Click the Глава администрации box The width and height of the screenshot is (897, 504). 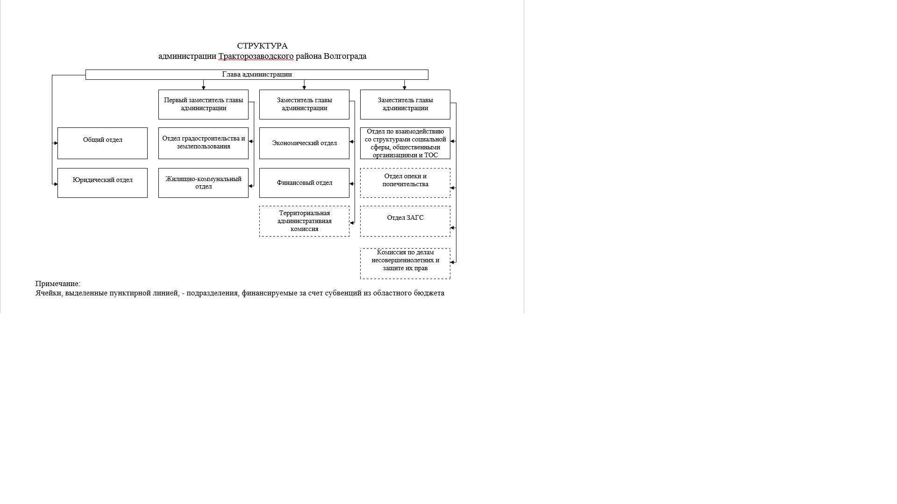pyautogui.click(x=257, y=75)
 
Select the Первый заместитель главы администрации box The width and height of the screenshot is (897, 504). pyautogui.click(x=203, y=105)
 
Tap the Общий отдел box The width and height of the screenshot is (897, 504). pyautogui.click(x=102, y=143)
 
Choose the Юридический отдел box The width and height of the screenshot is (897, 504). pyautogui.click(x=102, y=183)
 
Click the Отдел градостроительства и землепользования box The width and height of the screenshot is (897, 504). pyautogui.click(x=203, y=143)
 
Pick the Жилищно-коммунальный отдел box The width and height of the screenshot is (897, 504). pyautogui.click(x=203, y=183)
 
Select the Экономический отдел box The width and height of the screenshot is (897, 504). pyautogui.click(x=304, y=143)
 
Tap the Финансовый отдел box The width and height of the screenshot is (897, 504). pyautogui.click(x=304, y=183)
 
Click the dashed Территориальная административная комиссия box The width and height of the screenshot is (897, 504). pyautogui.click(x=304, y=221)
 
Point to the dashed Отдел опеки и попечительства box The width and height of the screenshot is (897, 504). pyautogui.click(x=405, y=183)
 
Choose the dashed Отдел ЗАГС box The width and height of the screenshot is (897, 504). pyautogui.click(x=405, y=221)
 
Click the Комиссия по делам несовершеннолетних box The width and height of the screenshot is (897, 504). pyautogui.click(x=405, y=264)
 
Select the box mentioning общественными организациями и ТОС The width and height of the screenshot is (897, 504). pyautogui.click(x=405, y=143)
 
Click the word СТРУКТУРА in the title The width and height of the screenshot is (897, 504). pyautogui.click(x=262, y=46)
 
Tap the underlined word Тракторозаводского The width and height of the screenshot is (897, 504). pyautogui.click(x=256, y=56)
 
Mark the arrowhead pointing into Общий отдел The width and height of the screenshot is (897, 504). pyautogui.click(x=56, y=143)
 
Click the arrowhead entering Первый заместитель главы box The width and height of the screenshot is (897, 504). pyautogui.click(x=203, y=88)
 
